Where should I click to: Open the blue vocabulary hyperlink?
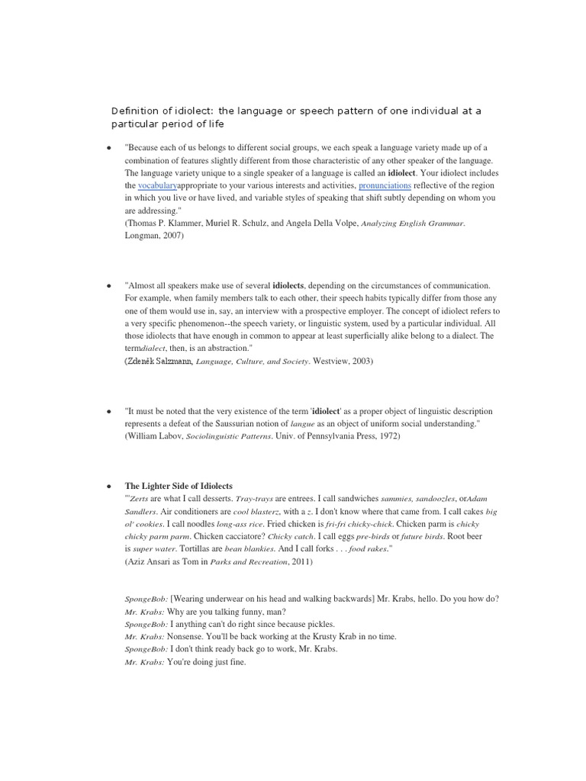pos(157,185)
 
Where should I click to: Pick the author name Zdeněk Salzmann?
pos(159,361)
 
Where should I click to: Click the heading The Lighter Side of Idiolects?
pos(179,486)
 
